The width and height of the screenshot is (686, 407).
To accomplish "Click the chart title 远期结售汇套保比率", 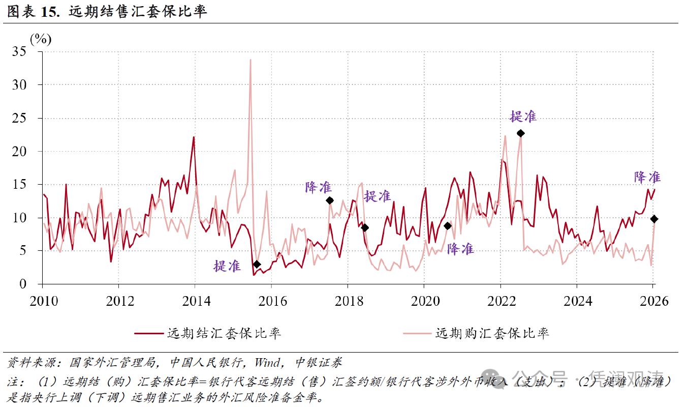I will coord(138,11).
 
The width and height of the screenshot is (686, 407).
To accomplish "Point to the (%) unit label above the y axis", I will coord(41,39).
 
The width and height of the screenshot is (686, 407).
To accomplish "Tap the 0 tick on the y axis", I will coord(22,284).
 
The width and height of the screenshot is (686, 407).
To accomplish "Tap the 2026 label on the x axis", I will coord(653,301).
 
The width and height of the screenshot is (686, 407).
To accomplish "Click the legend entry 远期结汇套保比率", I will coord(224,334).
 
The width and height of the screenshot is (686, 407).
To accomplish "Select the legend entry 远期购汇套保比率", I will coord(492,334).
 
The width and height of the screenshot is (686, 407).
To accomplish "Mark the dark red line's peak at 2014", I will coord(194,137).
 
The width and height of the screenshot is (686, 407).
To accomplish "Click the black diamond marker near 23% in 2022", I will coord(520,133).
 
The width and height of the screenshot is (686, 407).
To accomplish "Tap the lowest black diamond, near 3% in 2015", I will coord(257,264).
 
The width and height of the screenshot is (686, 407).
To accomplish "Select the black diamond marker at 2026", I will coord(654,219).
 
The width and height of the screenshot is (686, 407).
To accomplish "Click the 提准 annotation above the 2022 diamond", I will coord(523,117).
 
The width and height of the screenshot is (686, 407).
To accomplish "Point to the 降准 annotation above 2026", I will coord(647,177).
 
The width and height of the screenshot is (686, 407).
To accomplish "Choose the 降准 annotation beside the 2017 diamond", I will coord(319,187).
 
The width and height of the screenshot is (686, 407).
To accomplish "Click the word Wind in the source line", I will coord(267,363).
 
